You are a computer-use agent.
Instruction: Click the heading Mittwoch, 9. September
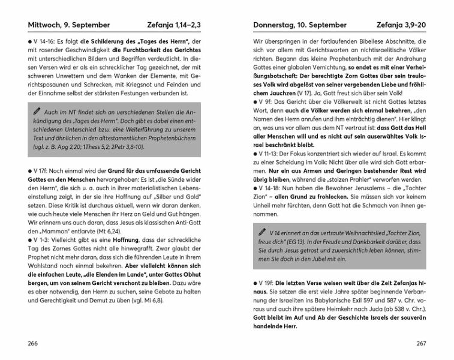pyautogui.click(x=68, y=25)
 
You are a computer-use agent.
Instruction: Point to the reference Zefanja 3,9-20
pyautogui.click(x=398, y=25)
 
